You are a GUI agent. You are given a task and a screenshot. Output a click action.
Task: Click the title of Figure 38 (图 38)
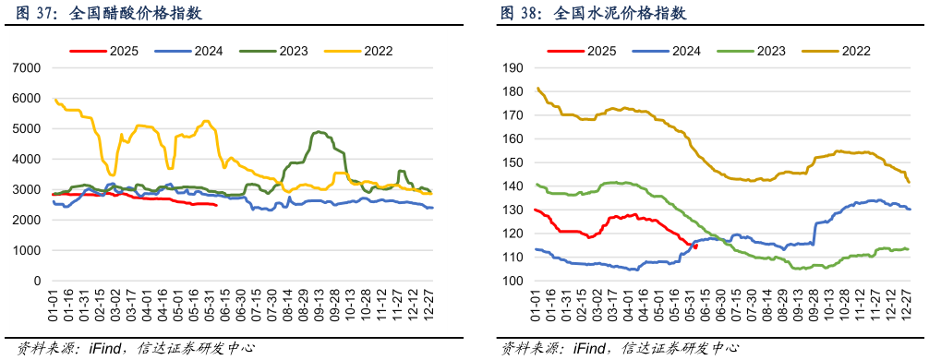point(593,14)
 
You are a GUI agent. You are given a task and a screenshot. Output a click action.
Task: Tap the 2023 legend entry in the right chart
point(764,51)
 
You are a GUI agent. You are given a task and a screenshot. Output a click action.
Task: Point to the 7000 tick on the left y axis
point(27,68)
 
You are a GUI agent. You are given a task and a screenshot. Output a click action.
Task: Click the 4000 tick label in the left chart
point(27,160)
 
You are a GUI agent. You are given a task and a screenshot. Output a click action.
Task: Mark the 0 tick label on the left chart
point(37,282)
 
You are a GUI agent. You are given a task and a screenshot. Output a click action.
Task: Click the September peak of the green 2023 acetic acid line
point(319,132)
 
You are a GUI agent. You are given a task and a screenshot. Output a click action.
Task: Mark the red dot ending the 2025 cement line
point(695,246)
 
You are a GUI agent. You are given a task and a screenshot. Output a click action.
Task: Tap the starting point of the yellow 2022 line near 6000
point(54,99)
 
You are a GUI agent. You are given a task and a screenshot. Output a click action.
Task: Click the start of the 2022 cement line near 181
point(537,89)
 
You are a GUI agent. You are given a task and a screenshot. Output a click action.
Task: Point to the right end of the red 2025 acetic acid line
point(217,205)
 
